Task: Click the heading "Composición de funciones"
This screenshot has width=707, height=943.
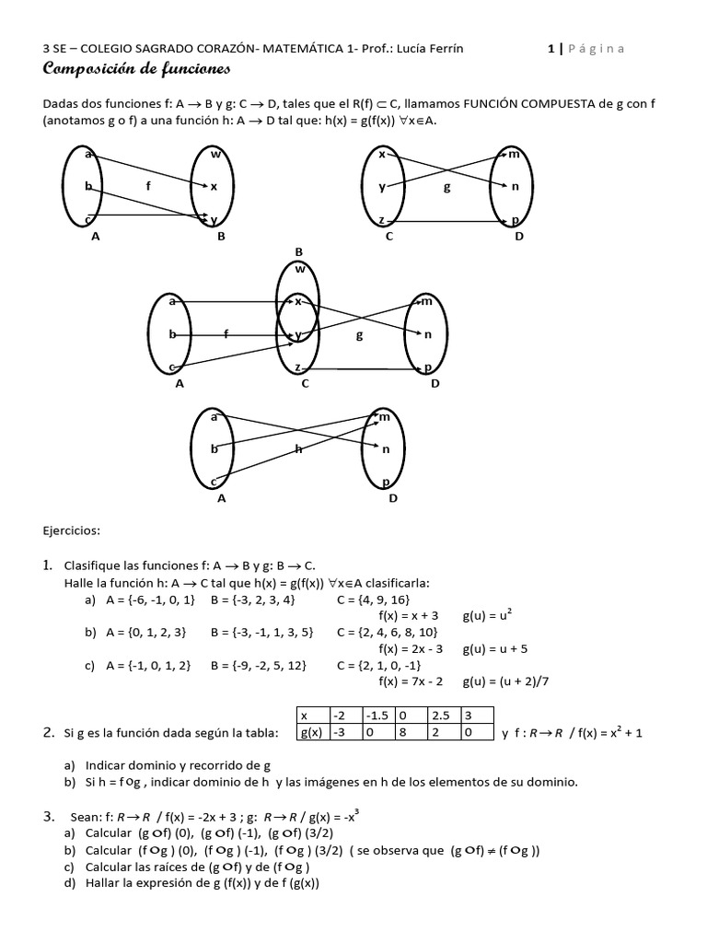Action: (136, 70)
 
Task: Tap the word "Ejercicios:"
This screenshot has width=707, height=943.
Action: (72, 530)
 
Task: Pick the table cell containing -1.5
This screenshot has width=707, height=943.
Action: (377, 716)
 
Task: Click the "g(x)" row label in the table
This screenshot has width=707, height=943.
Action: (316, 733)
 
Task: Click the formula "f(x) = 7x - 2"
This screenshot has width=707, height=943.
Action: (411, 681)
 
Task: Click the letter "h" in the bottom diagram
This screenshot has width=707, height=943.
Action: (298, 449)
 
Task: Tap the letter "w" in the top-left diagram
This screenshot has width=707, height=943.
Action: (214, 154)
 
